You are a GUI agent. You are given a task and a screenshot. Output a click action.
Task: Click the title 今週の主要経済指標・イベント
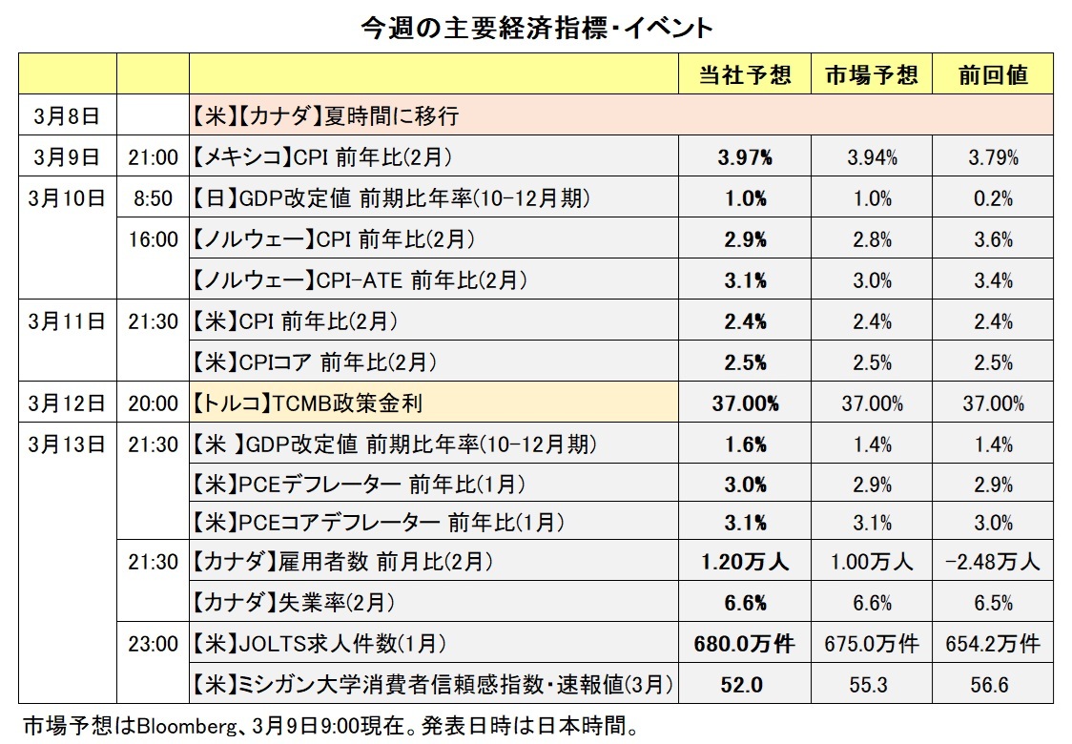coord(537,27)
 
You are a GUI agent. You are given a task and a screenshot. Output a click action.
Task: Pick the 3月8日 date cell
coord(65,116)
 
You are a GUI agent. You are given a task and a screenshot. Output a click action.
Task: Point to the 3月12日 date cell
coord(65,403)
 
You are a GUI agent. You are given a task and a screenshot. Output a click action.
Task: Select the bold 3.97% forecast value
coord(745,157)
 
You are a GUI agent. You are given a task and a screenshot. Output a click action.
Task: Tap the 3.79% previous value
coord(993,157)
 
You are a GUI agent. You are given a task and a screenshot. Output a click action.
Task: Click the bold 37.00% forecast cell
coord(745,403)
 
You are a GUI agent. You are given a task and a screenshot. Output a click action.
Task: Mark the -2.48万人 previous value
coord(993,562)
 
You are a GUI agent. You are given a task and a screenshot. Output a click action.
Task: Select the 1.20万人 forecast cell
coord(745,562)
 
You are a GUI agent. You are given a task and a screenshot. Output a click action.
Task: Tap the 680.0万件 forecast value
coord(745,644)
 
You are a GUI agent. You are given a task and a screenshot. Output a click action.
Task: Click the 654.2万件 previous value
coord(993,644)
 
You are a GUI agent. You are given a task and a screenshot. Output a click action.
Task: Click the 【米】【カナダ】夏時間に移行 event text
coord(325,116)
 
